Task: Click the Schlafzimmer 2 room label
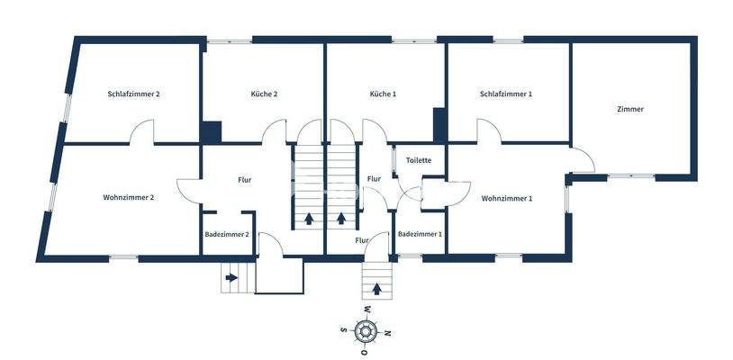tap(133, 94)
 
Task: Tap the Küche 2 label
tap(263, 94)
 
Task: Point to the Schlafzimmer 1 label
tap(506, 94)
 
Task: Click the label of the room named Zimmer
tap(630, 109)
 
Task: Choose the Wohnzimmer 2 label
tap(129, 197)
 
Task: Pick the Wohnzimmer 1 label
tap(507, 198)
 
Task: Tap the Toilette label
tap(419, 160)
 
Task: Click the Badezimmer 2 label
tap(227, 234)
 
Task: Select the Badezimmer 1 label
tap(420, 234)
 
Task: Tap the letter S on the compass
tap(343, 330)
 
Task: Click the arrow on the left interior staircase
tap(310, 217)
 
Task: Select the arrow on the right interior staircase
tap(341, 217)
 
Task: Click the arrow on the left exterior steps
tap(232, 277)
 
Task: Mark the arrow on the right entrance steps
tap(376, 289)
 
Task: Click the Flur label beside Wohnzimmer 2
tap(245, 180)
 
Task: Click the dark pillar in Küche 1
tap(439, 124)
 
